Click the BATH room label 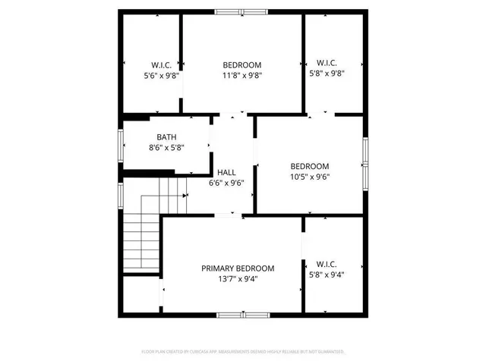[166, 136]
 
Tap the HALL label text [226, 172]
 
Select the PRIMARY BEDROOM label [238, 268]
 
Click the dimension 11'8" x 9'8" [242, 76]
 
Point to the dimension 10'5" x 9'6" [310, 177]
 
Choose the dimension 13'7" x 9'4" [238, 279]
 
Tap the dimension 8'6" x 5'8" [166, 147]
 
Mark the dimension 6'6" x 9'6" [226, 183]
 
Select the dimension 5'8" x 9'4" [333, 276]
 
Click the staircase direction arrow [185, 196]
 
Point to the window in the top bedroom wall [241, 11]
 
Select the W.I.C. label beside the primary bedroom [333, 265]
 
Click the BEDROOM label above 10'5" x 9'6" [310, 167]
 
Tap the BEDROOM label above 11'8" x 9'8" [242, 65]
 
